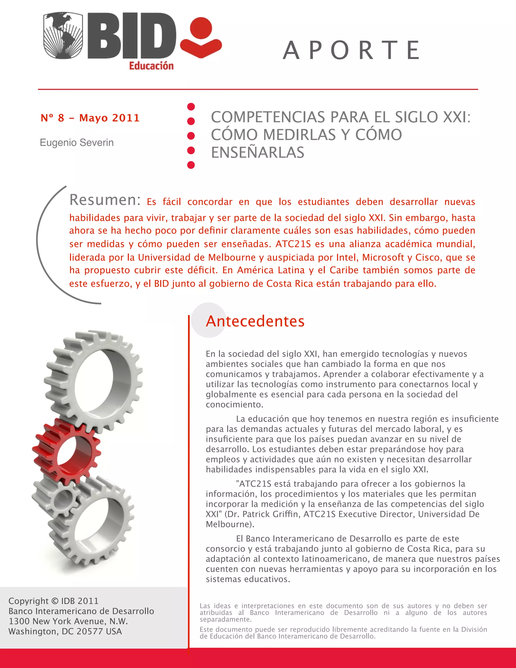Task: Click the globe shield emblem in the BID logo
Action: (63, 36)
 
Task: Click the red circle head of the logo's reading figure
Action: (201, 28)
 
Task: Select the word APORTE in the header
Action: (351, 50)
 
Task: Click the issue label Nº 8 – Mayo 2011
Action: (90, 118)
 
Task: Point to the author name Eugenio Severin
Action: (77, 142)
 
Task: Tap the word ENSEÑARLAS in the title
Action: (258, 152)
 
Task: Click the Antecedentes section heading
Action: (255, 321)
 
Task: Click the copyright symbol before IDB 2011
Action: (55, 601)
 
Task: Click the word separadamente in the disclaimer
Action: (225, 619)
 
